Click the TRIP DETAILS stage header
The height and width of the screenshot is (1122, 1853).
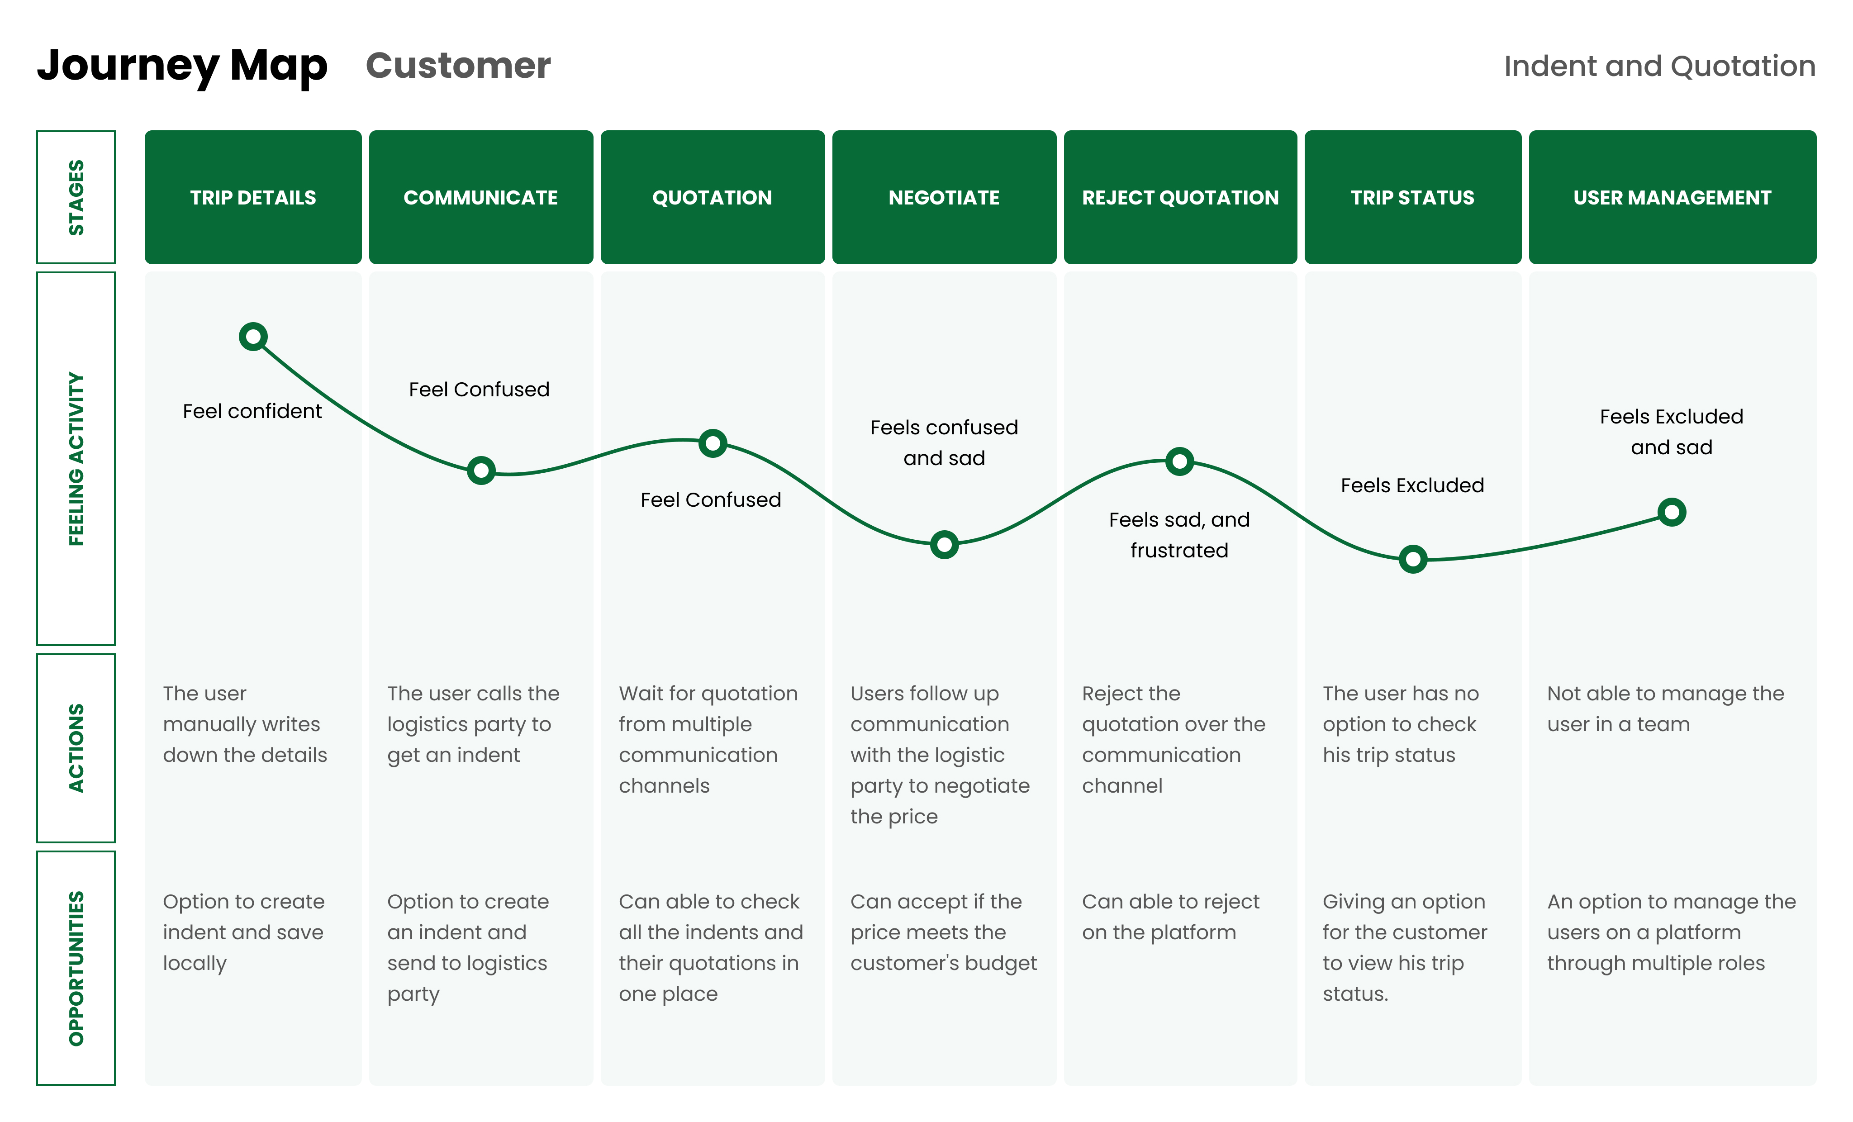(x=253, y=197)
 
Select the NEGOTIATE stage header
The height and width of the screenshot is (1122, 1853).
(x=944, y=197)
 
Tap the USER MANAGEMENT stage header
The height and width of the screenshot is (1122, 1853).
(x=1672, y=197)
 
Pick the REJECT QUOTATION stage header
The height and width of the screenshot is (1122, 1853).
(x=1180, y=197)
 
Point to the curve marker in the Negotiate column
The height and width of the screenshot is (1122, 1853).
(x=944, y=544)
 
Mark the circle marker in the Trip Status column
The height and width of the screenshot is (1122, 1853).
(x=1412, y=559)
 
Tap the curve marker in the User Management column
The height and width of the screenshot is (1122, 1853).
(x=1671, y=512)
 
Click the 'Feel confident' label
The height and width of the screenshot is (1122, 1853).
(x=252, y=411)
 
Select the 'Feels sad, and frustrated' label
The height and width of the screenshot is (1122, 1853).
(x=1179, y=535)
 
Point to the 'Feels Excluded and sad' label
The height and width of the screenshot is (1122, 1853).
(x=1671, y=432)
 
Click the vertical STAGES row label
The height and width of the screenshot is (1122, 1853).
(x=76, y=197)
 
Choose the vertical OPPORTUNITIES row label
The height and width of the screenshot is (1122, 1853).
(x=76, y=968)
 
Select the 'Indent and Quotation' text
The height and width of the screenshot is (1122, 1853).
(x=1659, y=66)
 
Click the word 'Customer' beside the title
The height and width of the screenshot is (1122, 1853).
(x=458, y=66)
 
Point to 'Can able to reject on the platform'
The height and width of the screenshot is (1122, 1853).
(x=1170, y=917)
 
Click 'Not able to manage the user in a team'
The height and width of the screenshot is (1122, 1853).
(x=1665, y=708)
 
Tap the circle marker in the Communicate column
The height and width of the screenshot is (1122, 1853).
(x=480, y=471)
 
